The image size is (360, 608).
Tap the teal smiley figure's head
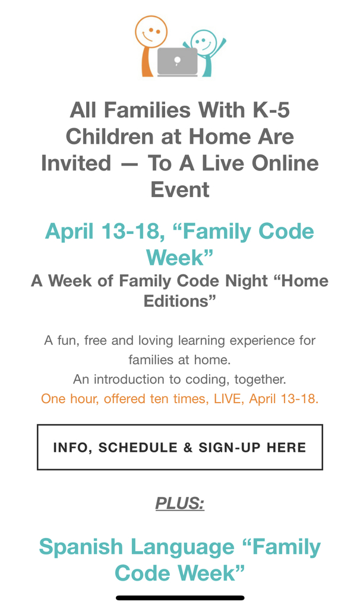click(x=204, y=42)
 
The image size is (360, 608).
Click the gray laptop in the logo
click(x=177, y=62)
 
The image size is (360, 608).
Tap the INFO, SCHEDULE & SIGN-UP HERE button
click(x=179, y=447)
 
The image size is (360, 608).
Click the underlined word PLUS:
click(x=179, y=503)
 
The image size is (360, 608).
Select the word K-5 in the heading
click(x=271, y=110)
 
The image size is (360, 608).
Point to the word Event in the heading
click(x=179, y=189)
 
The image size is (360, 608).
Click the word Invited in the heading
click(x=76, y=163)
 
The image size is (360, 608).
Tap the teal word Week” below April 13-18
click(x=179, y=258)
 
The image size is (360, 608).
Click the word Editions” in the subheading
click(x=179, y=301)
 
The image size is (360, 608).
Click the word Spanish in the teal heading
click(x=81, y=547)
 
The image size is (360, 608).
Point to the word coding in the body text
click(x=207, y=379)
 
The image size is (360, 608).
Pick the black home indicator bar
click(x=180, y=598)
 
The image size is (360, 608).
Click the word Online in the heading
click(x=285, y=163)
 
